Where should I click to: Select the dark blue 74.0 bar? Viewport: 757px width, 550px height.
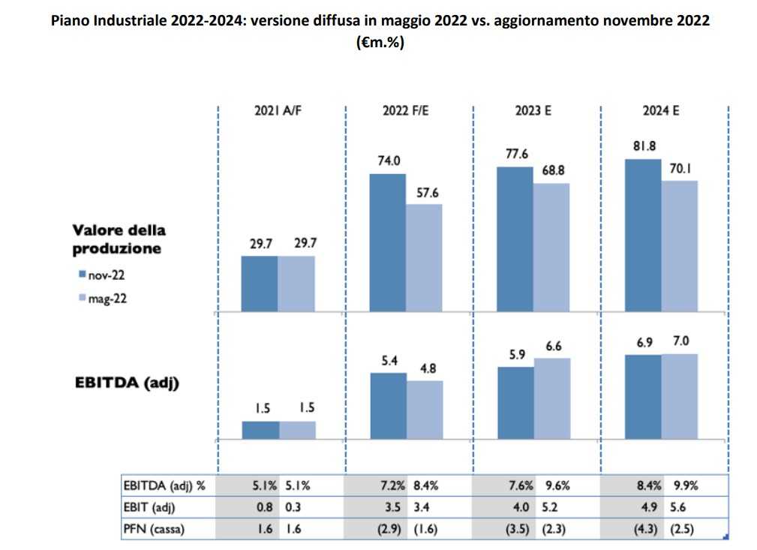388,242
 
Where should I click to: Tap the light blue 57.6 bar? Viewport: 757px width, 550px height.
424,257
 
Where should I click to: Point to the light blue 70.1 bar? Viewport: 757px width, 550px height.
680,245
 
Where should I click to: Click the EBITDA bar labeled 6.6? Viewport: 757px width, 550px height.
551,398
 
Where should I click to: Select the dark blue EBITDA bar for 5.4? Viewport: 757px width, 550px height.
388,406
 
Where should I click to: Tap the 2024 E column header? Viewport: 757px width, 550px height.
661,110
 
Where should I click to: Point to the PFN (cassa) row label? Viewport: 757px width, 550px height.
152,528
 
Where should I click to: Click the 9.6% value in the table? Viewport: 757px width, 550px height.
556,485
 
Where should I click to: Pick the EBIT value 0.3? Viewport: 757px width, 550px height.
295,506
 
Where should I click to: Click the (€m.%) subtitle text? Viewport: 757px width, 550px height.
379,43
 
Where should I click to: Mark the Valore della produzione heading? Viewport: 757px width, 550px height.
119,239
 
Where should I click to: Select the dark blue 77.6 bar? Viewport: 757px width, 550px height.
515,239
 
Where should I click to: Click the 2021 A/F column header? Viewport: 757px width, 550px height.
279,110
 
